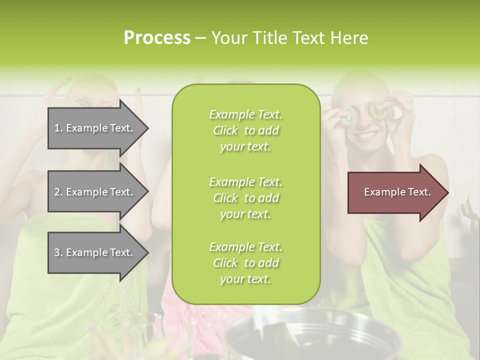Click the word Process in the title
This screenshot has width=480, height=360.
pos(157,37)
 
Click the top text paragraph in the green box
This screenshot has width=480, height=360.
pos(245,130)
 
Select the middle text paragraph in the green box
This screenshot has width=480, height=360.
pos(245,197)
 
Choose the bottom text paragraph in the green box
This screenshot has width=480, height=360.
pos(245,263)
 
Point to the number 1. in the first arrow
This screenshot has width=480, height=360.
pos(58,128)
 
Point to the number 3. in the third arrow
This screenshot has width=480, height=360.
pos(58,252)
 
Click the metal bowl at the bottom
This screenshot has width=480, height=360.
pos(310,335)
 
